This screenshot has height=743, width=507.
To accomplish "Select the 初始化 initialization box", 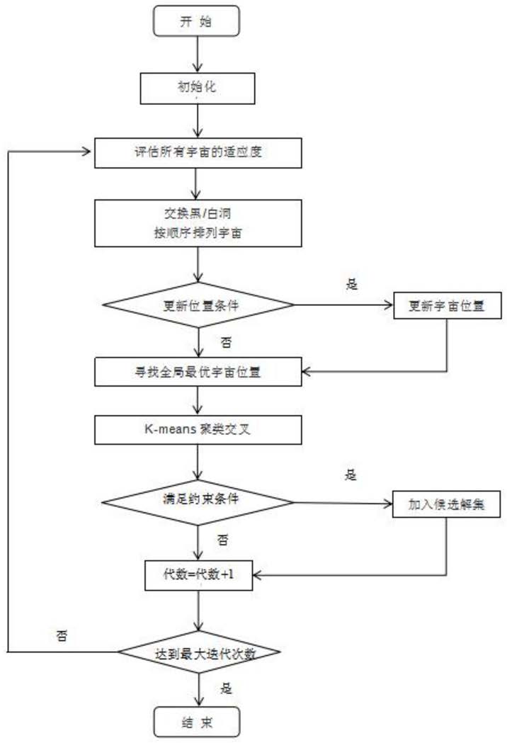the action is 197,88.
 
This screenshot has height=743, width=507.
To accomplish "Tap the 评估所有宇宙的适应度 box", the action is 198,152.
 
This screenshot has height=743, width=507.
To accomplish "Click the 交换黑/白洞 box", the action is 198,222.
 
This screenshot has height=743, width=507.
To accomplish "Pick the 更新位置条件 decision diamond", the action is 198,305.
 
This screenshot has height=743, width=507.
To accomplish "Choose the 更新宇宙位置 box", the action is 448,305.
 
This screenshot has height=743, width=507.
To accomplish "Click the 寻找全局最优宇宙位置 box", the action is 198,371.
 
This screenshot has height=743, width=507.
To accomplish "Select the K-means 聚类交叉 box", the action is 198,430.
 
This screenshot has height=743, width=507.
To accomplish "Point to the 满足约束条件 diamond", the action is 198,502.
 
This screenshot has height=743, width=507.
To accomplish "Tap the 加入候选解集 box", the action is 446,504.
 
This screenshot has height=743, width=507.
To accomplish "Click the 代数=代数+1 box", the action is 198,575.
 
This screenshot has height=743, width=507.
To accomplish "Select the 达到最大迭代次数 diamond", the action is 199,652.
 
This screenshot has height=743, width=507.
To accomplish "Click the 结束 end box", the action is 197,722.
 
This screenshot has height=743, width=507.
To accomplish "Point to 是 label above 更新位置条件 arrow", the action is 352,284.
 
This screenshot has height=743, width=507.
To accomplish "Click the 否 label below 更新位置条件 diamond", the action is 226,342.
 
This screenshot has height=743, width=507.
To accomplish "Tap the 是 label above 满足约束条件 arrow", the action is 351,475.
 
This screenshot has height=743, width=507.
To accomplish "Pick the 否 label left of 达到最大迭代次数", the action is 62,635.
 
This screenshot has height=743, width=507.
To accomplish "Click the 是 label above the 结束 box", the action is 226,688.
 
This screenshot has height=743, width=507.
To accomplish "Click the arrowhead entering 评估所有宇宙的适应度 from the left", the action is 86,152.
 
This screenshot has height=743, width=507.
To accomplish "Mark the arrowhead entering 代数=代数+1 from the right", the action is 257,575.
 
